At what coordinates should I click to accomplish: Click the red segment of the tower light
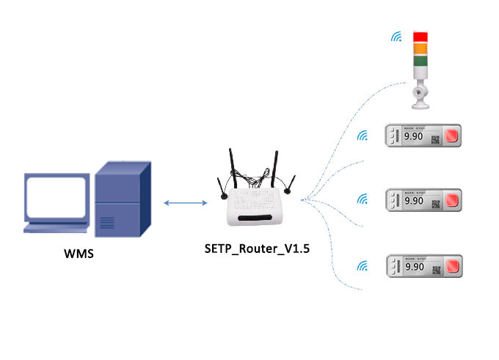(x=421, y=37)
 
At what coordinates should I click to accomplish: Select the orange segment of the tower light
(x=421, y=48)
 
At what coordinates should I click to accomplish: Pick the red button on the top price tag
(x=451, y=136)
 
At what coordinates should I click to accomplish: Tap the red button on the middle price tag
(x=451, y=200)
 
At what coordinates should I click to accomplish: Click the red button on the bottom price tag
(x=451, y=265)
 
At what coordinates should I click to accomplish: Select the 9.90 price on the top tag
(x=414, y=136)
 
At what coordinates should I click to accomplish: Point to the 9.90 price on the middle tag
(x=414, y=200)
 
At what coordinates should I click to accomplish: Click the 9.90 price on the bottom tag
(x=414, y=265)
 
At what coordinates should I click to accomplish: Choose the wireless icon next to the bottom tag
(x=362, y=265)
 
